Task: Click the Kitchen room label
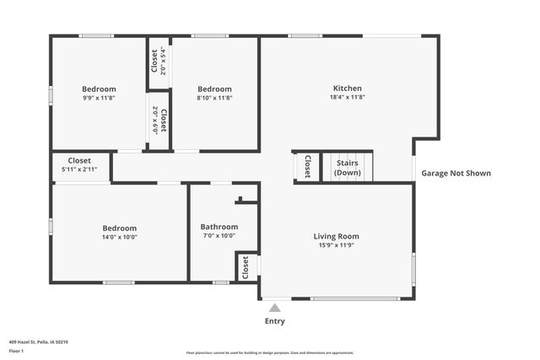(347, 88)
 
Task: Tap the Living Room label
(337, 236)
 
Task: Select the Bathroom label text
(219, 226)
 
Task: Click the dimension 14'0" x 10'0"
(119, 237)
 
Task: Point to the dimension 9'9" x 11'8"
(99, 98)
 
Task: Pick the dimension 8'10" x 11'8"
(214, 98)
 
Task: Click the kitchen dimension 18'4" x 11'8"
(347, 97)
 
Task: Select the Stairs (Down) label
(347, 167)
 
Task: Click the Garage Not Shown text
(456, 173)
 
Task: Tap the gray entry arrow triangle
(274, 309)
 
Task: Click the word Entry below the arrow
(275, 321)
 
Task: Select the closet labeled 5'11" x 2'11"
(79, 169)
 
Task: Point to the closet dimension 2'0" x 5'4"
(163, 61)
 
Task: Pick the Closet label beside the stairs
(308, 166)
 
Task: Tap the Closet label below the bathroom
(246, 267)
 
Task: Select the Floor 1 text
(16, 351)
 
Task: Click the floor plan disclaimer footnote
(269, 352)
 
